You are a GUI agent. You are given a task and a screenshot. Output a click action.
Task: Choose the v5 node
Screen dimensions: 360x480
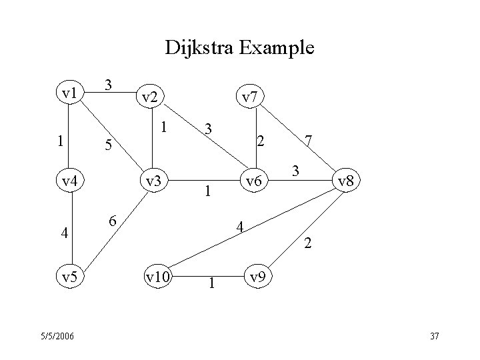point(69,276)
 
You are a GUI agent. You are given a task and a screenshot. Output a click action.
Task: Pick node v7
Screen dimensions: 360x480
point(249,97)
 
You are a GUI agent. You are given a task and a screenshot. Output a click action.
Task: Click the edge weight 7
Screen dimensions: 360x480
point(308,141)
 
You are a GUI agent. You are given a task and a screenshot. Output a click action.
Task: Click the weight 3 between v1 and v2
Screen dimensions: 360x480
point(110,85)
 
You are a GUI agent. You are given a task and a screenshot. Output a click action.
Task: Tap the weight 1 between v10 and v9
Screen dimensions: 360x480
point(211,283)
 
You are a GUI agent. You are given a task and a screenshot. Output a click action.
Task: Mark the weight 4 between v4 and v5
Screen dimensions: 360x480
point(63,233)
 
